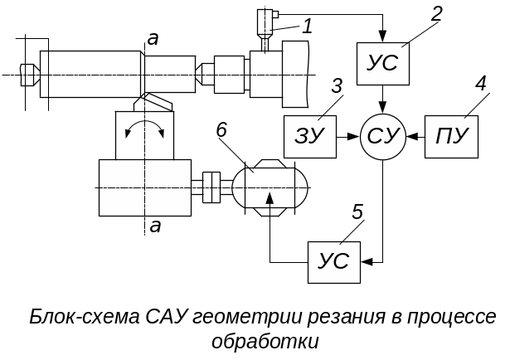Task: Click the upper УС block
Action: click(383, 61)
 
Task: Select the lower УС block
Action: click(334, 262)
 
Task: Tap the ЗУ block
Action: click(309, 136)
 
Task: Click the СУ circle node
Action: click(383, 136)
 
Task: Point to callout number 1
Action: click(307, 26)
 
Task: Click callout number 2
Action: click(437, 13)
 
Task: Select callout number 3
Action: click(336, 86)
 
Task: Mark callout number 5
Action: click(357, 212)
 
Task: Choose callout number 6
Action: click(221, 129)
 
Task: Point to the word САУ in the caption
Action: click(168, 318)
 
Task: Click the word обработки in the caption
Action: click(265, 341)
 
